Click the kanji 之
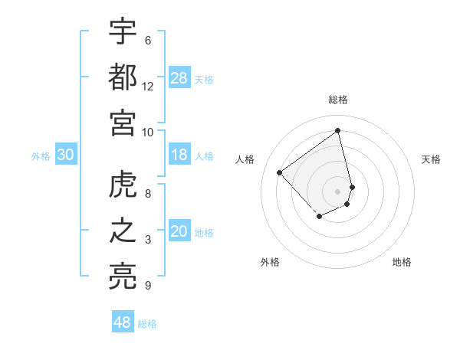[123, 231]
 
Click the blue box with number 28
[179, 77]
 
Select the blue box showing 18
[179, 155]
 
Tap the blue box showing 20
[179, 231]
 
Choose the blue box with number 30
[66, 155]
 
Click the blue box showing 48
[123, 322]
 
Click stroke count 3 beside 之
[148, 241]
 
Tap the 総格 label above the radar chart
[338, 100]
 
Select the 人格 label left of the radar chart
[245, 159]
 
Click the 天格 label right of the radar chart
[432, 159]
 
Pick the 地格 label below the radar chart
[402, 262]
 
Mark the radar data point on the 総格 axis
[338, 130]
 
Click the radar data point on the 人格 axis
[280, 173]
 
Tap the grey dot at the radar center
[338, 191]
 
